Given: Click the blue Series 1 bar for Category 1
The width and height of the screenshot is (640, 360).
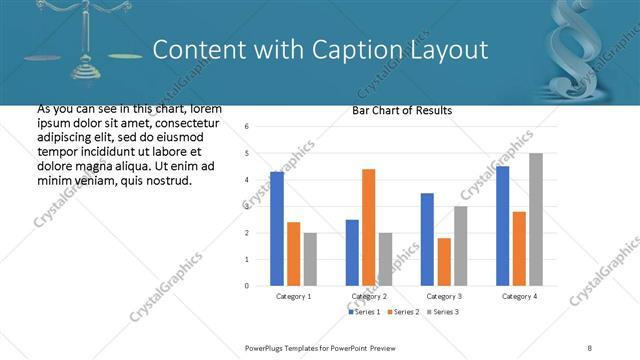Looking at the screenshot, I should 277,229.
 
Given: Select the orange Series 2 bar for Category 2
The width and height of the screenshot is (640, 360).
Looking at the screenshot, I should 368,227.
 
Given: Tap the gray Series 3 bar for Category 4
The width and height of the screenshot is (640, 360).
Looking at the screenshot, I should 536,219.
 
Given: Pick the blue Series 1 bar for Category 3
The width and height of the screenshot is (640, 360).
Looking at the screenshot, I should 427,239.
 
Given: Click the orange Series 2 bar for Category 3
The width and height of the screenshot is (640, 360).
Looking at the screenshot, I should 444,262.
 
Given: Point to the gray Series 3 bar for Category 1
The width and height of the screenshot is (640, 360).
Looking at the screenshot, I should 310,259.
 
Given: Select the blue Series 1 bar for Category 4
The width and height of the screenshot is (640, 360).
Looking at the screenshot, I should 502,226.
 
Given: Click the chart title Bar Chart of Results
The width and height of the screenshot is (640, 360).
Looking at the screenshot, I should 402,110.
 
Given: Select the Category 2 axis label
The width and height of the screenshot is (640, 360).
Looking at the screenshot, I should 368,297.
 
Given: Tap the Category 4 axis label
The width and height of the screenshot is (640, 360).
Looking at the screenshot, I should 518,297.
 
